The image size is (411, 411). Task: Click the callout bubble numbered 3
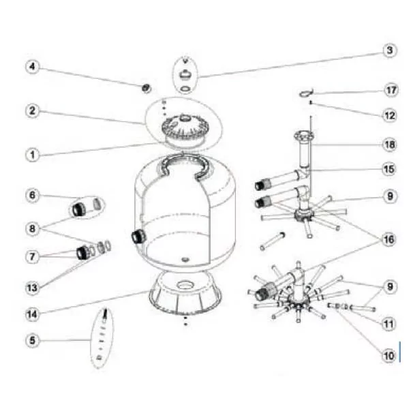point(389,50)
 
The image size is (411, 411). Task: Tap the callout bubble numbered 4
point(32,67)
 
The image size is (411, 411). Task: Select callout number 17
point(391,90)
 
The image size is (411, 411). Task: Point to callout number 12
point(389,116)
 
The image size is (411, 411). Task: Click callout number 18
point(389,144)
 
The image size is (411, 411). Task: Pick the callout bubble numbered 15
point(389,169)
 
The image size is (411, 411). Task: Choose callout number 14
point(32,314)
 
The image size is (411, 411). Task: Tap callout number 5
point(32,341)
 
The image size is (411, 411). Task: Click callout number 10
point(389,356)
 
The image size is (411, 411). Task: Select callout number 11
point(389,324)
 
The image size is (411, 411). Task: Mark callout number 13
point(32,288)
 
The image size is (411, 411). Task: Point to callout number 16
point(389,239)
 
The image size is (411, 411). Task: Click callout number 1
point(32,155)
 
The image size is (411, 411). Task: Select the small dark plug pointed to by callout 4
point(146,88)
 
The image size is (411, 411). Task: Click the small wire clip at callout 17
point(306,93)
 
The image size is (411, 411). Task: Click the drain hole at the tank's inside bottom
point(185,260)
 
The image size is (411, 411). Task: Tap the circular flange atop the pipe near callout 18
point(303,136)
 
